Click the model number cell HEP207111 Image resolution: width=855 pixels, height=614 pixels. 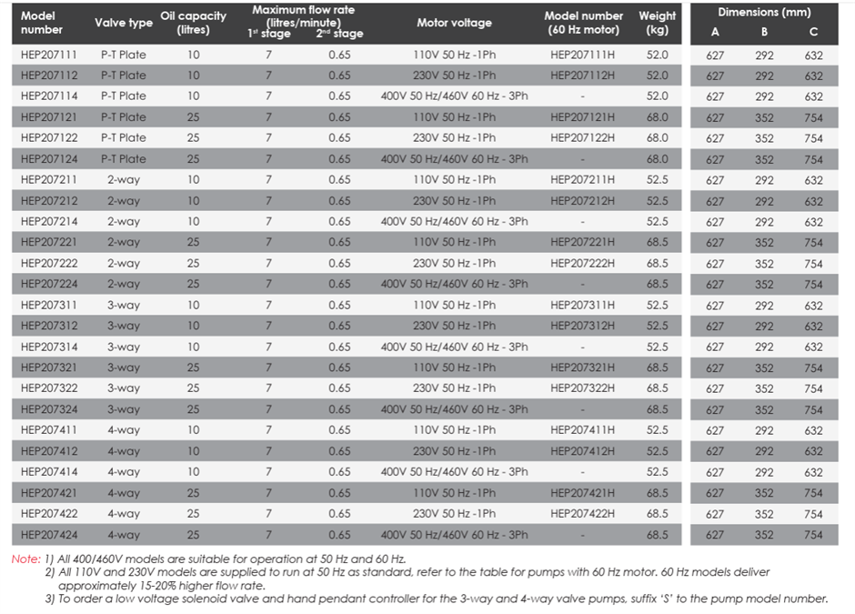pos(49,55)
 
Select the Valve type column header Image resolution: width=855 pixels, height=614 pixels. pos(124,23)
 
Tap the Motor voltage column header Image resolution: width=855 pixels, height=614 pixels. pos(454,23)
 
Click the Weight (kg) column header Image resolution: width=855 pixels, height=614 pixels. pos(657,23)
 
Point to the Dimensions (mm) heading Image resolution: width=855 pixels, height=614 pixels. pos(764,13)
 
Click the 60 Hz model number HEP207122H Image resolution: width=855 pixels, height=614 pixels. pos(582,138)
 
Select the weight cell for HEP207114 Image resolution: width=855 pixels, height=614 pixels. pos(657,96)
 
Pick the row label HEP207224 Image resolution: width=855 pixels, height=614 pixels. pos(49,284)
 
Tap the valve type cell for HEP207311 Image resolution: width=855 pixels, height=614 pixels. pos(124,306)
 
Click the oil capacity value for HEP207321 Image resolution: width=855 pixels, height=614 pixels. pos(193,367)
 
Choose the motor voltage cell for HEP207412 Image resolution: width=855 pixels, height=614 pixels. pos(454,451)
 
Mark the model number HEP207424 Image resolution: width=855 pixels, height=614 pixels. pos(49,535)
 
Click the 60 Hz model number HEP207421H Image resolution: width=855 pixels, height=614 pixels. pos(582,493)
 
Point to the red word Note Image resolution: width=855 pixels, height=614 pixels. pos(25,559)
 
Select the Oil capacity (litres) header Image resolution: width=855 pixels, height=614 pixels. pos(193,23)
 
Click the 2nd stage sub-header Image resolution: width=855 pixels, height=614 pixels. pos(339,34)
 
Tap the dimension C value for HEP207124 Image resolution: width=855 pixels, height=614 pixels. pos(813,160)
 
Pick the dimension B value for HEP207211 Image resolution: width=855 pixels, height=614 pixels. pos(764,180)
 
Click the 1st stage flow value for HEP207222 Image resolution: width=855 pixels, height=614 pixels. pos(268,264)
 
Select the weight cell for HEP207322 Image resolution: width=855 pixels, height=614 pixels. pos(657,388)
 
